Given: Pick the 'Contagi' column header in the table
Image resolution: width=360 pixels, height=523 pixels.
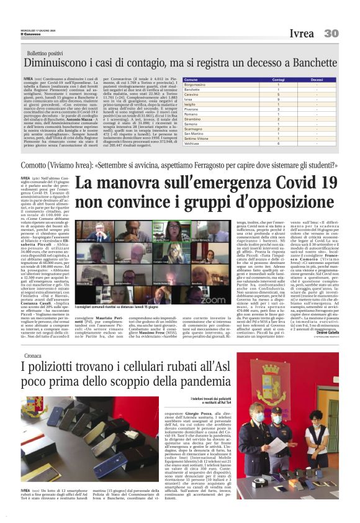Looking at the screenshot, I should (261, 80).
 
